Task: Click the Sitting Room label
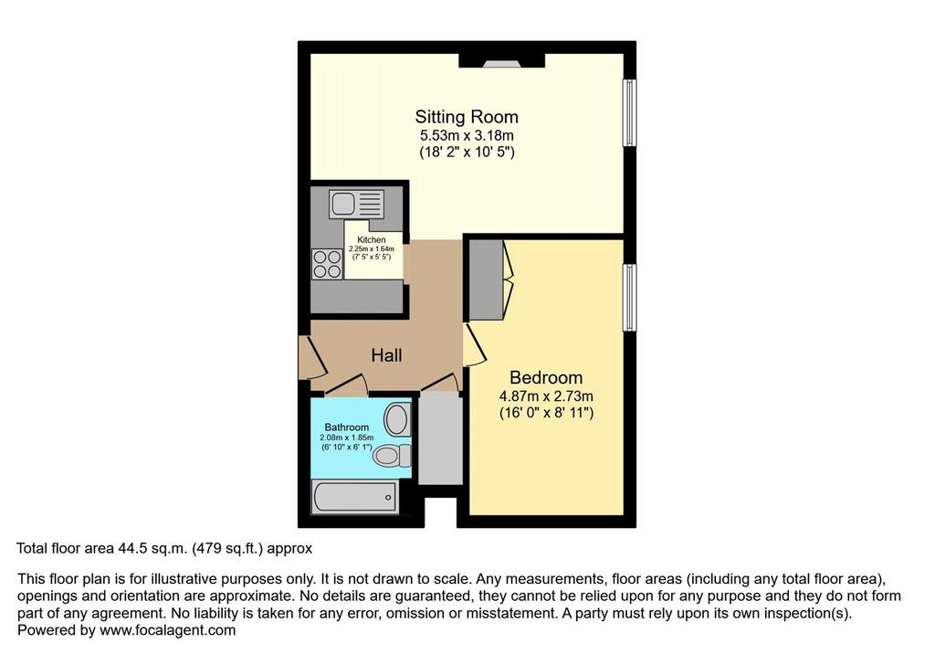(x=467, y=117)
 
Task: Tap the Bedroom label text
(x=546, y=378)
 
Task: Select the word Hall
(x=386, y=355)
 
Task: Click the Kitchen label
(x=371, y=240)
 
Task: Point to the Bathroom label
(x=346, y=427)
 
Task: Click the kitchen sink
(x=356, y=204)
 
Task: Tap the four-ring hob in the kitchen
(x=327, y=264)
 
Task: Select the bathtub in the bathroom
(x=356, y=497)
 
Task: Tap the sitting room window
(x=630, y=112)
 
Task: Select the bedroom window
(x=630, y=297)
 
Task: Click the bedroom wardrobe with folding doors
(x=490, y=280)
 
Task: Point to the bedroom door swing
(x=475, y=344)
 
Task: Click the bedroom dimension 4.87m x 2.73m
(x=546, y=396)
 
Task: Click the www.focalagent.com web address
(x=168, y=630)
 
